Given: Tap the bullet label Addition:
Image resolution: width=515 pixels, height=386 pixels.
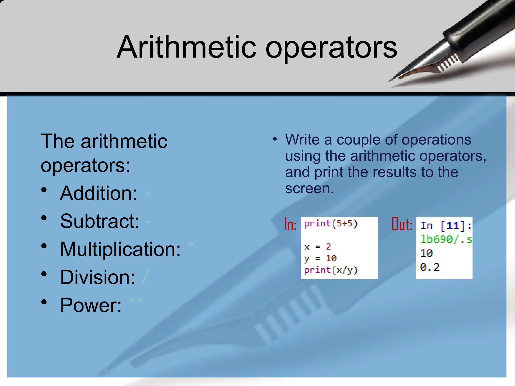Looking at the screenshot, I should [99, 193].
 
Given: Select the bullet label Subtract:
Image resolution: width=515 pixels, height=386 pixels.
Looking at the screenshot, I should [100, 221].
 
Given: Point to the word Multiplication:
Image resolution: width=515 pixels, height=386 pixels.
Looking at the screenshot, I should [120, 249].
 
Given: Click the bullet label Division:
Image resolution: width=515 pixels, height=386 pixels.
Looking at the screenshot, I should [98, 277].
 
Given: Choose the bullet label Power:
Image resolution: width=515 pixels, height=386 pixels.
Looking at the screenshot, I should [91, 305].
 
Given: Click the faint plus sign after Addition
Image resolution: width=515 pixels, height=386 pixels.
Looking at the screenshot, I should [147, 193].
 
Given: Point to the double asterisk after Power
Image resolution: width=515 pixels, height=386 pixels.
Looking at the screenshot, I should [136, 301].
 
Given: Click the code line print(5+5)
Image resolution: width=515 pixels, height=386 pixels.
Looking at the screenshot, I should [330, 223].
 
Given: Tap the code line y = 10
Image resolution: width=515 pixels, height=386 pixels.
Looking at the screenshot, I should [320, 258].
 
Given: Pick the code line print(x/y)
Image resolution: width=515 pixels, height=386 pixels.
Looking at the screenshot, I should [330, 270].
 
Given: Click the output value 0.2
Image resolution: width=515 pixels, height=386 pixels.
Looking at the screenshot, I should [430, 267].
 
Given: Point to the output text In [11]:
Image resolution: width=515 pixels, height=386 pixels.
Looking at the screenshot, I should [445, 225].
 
